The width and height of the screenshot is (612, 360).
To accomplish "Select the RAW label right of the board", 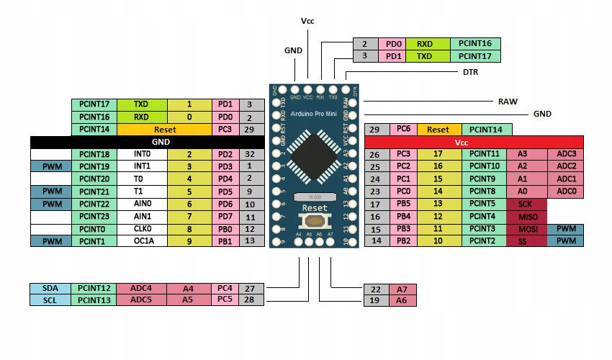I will click(508, 102).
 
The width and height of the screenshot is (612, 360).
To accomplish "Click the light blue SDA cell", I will click(50, 288).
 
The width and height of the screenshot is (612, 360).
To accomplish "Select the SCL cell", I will click(50, 300).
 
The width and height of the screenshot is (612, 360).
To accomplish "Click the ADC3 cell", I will click(565, 154).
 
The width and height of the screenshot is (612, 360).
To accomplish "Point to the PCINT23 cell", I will click(94, 216).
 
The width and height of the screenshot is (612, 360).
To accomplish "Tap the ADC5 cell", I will click(141, 300).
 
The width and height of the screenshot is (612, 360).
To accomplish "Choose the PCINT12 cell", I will click(94, 288).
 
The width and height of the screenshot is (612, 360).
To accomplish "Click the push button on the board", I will click(315, 220).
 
